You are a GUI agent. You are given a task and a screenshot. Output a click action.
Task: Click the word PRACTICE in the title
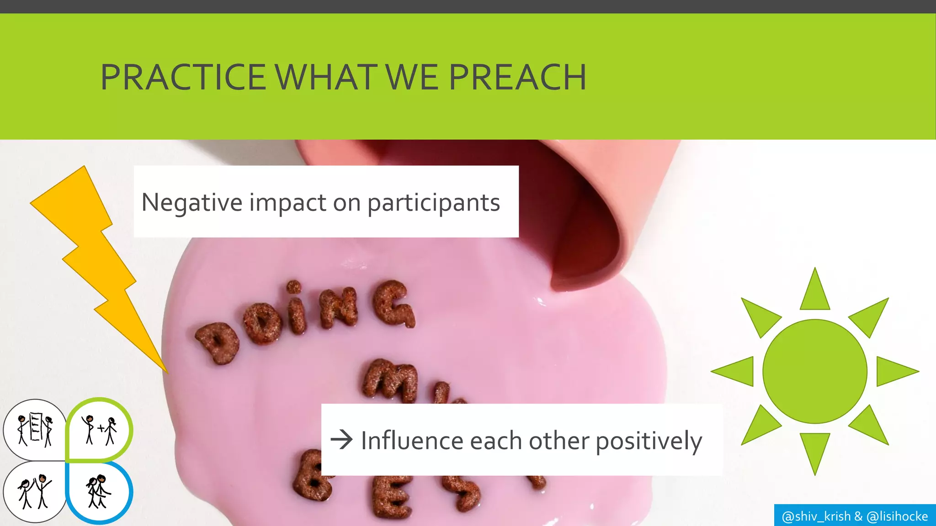pos(183,77)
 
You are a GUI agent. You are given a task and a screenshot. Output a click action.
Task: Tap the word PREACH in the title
pos(517,77)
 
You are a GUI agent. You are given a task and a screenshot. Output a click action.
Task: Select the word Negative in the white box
pos(191,202)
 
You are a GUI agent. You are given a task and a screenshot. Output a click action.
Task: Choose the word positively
pos(649,442)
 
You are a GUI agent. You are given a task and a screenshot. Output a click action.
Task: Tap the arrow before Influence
pos(341,440)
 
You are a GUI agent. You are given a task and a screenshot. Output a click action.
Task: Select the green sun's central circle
pos(814,371)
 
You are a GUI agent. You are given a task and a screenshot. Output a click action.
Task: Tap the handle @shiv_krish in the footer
pos(816,516)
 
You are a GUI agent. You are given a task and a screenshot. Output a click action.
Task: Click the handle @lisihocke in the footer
pos(897,516)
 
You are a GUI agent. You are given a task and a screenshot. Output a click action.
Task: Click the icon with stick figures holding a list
pos(35,429)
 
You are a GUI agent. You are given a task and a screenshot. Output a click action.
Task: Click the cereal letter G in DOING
pos(394,303)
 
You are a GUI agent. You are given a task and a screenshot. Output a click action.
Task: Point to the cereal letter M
pos(391,379)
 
